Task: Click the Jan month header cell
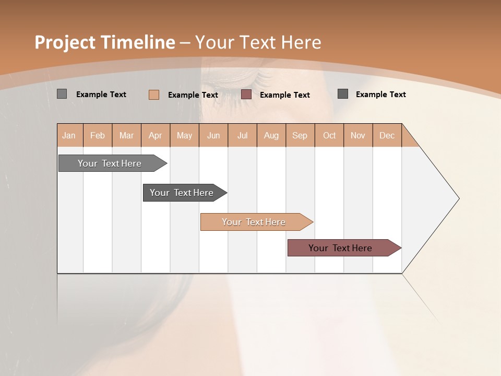point(69,135)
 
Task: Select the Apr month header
point(156,135)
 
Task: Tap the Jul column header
point(242,135)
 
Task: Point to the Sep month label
point(300,135)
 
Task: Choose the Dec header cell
point(387,135)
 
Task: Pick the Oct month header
point(329,135)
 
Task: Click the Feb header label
point(98,135)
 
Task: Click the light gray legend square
point(62,94)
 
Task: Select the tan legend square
point(154,95)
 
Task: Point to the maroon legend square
point(246,95)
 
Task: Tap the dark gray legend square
point(343,94)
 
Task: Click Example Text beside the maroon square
point(284,95)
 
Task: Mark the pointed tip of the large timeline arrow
point(458,198)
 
